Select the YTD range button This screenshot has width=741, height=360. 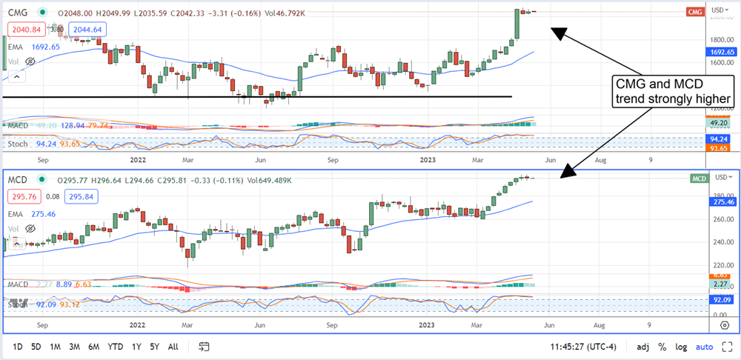(115, 346)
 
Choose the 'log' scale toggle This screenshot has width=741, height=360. (681, 346)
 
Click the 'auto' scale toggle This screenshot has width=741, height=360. (705, 346)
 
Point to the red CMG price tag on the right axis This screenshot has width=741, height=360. (695, 12)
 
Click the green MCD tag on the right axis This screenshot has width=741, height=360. (700, 179)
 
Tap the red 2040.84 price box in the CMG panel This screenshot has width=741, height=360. (25, 29)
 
